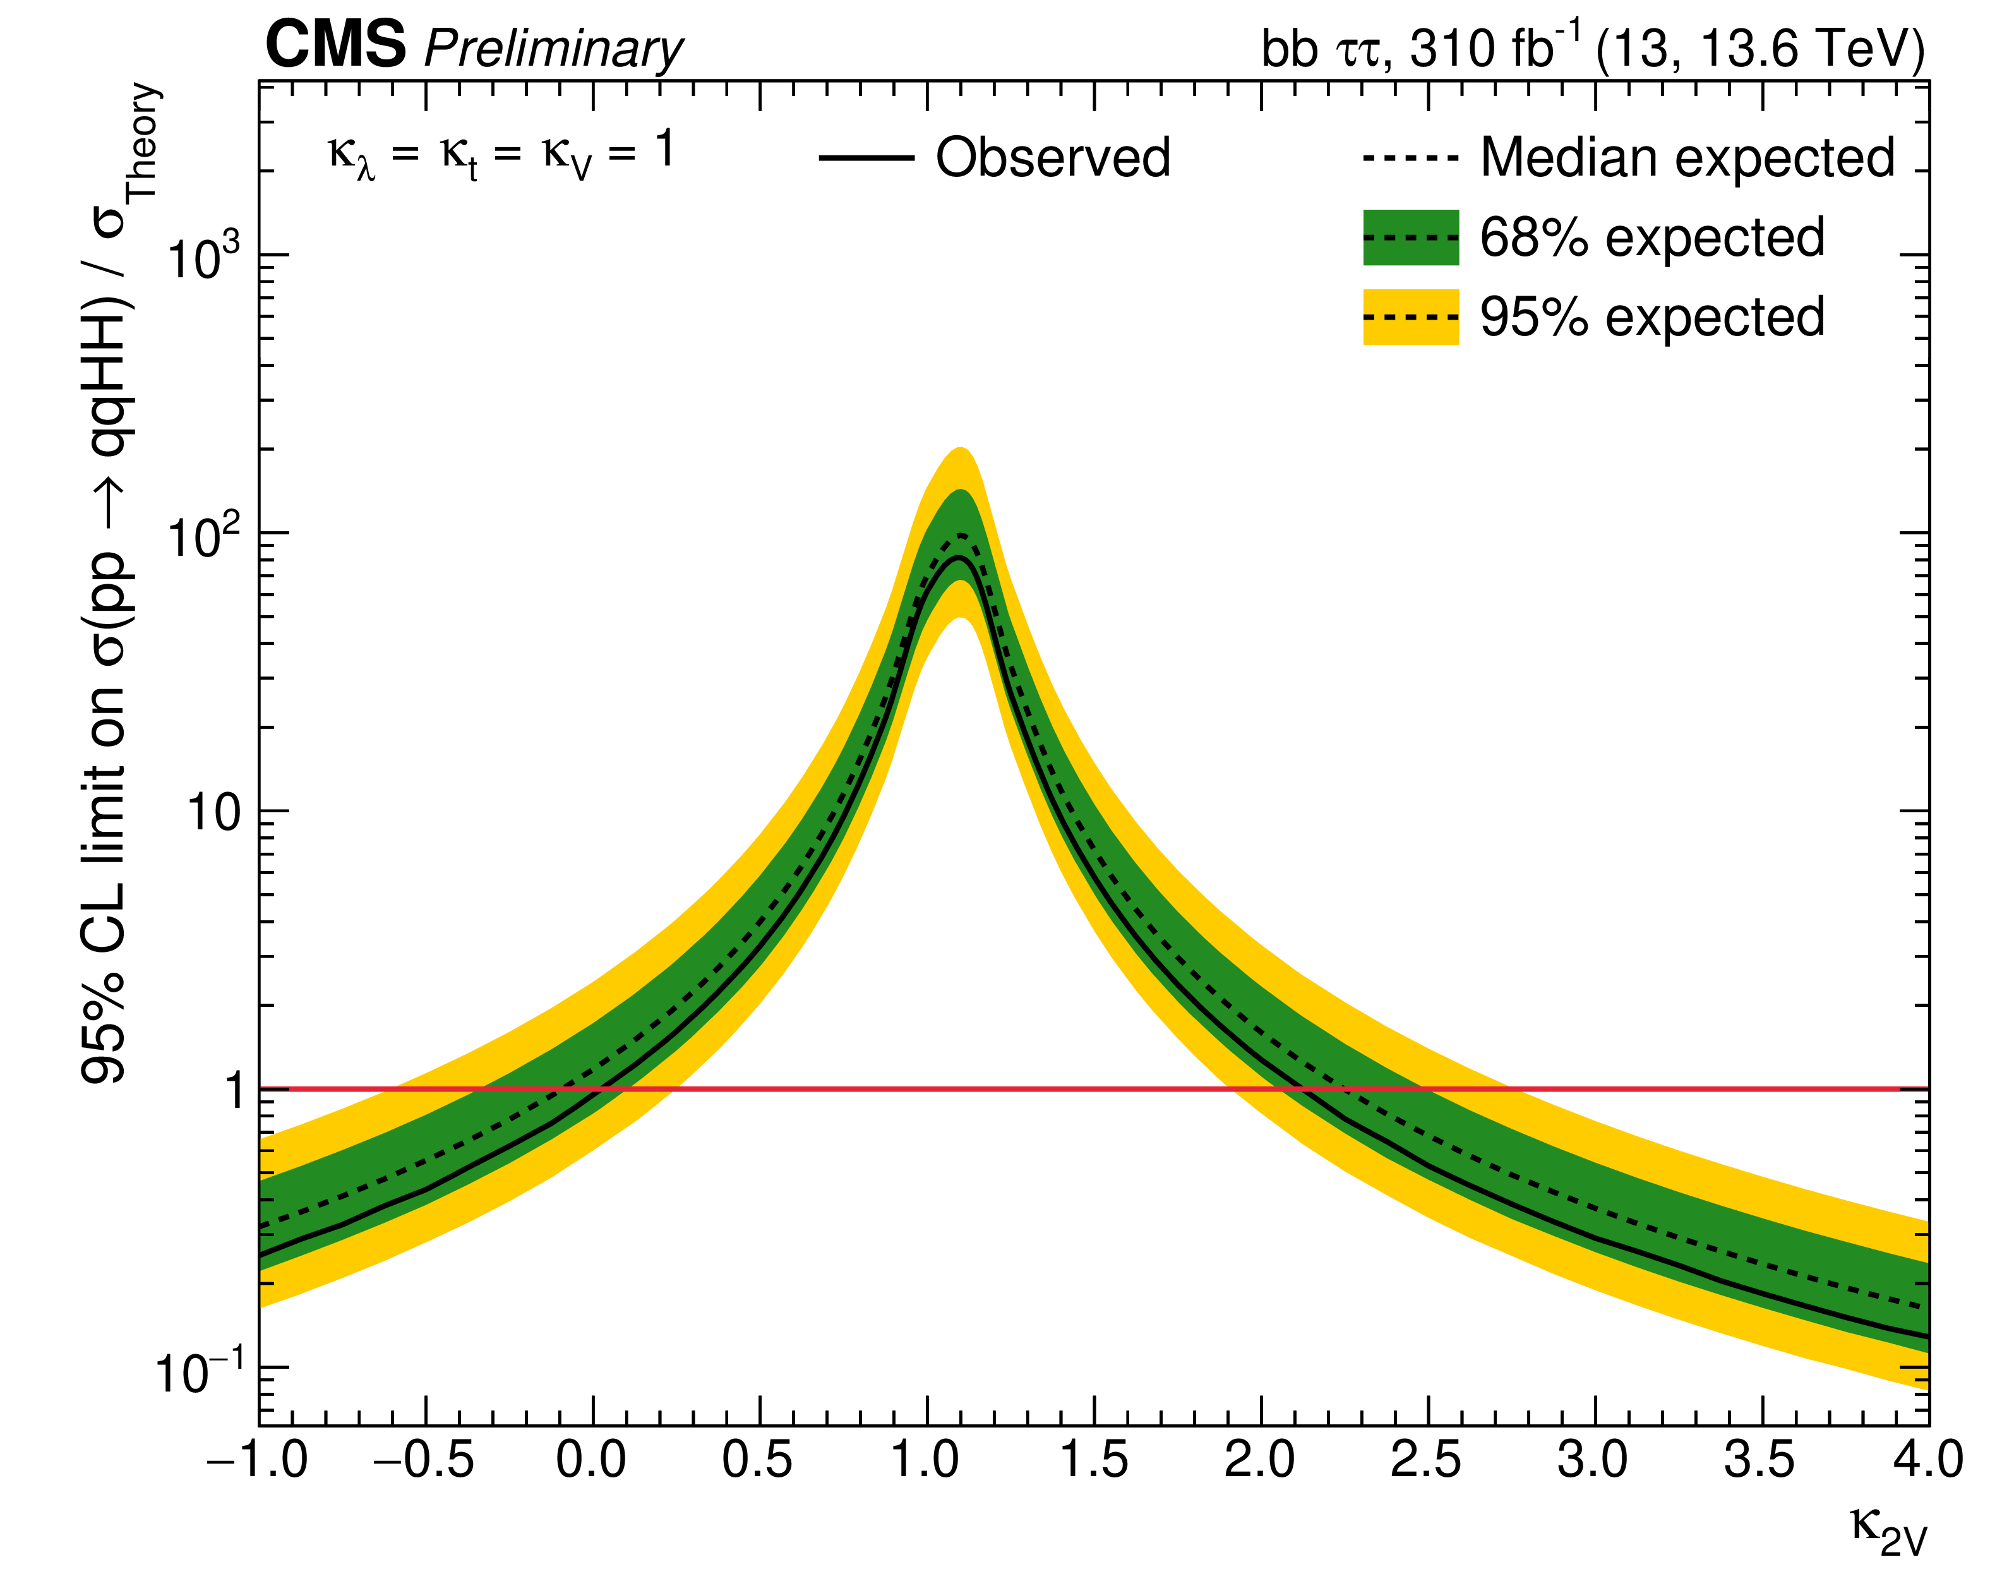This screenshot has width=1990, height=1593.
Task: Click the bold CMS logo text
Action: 335,44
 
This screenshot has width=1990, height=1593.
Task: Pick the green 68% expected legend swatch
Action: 1410,237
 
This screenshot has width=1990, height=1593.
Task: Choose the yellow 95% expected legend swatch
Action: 1410,316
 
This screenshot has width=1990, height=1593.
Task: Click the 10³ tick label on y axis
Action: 203,256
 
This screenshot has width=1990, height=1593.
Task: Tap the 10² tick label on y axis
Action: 203,534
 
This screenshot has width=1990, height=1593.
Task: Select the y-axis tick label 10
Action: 214,813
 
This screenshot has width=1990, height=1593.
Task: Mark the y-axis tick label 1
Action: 234,1091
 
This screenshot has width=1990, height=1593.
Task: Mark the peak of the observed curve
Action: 959,556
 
